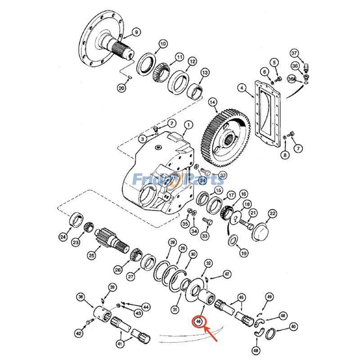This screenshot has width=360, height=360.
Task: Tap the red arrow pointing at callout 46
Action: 212,334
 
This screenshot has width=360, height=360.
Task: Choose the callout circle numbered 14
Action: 212,103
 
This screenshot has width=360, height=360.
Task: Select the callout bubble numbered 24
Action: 63,237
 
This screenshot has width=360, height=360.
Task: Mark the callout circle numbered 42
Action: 79,333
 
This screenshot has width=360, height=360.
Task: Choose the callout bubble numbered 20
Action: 121,89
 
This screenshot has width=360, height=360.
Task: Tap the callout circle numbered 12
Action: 192,62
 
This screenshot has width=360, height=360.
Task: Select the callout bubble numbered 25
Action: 91,256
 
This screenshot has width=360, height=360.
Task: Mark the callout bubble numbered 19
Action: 243,253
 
